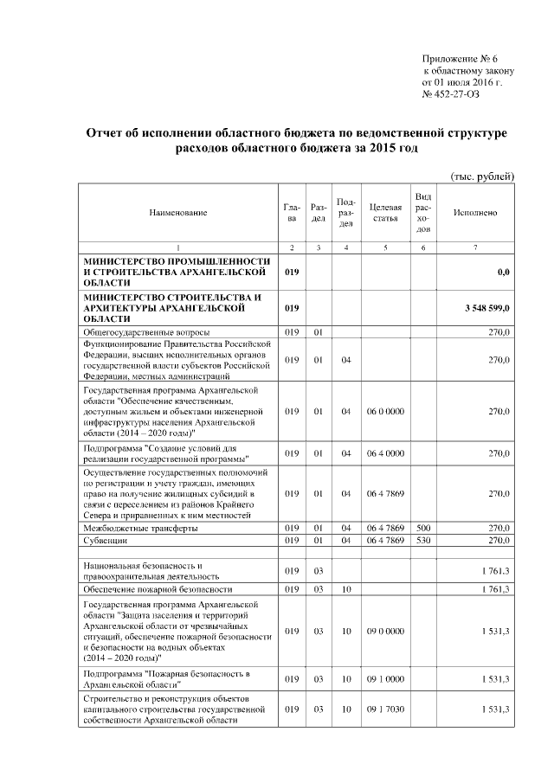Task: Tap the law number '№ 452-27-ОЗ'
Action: tap(450, 94)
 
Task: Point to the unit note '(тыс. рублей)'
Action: tap(481, 176)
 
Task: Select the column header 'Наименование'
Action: tap(178, 212)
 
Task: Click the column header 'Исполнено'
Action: tap(475, 212)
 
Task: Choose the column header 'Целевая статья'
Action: tap(384, 212)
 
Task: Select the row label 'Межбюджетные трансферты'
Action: tap(135, 527)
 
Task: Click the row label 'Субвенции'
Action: tap(106, 540)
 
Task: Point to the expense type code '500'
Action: tap(422, 527)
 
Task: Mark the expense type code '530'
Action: tap(422, 540)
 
